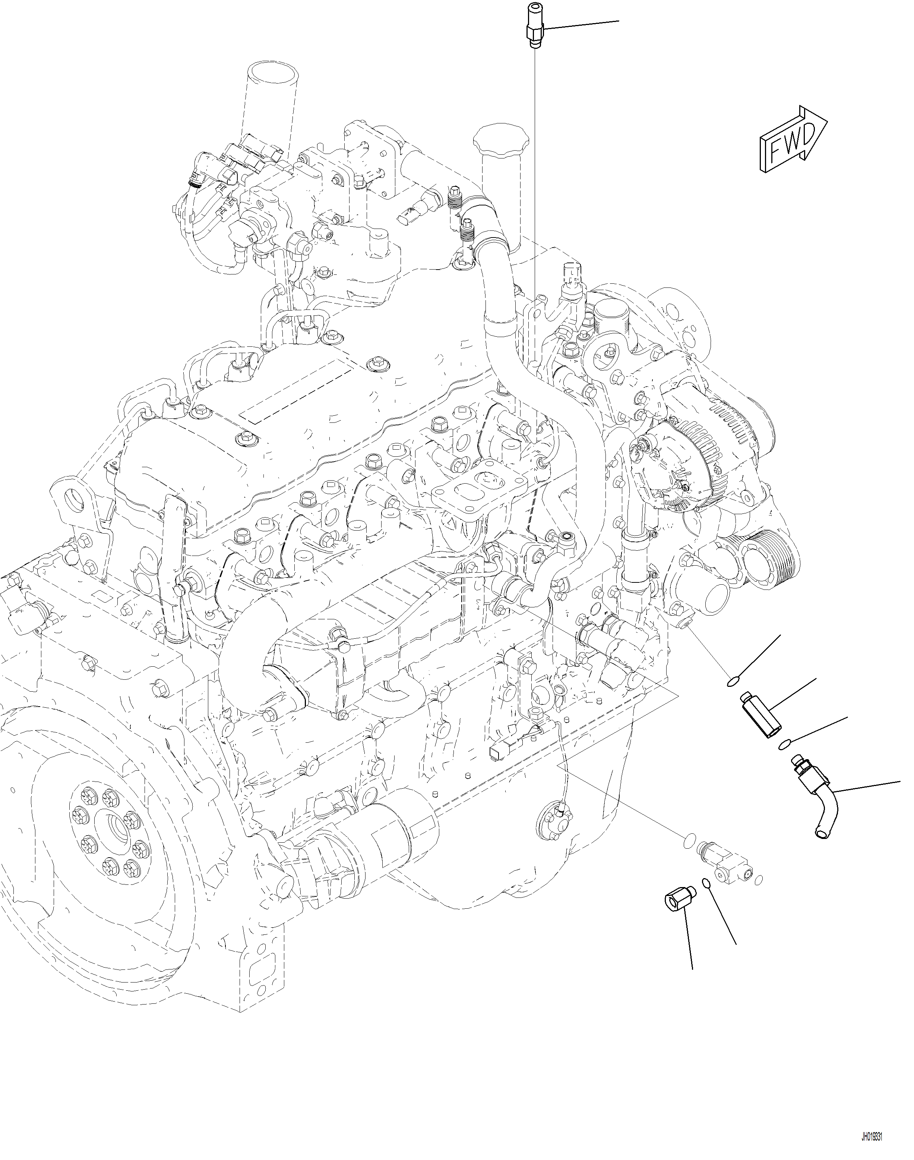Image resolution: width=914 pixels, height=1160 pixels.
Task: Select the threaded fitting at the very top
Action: pyautogui.click(x=535, y=26)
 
